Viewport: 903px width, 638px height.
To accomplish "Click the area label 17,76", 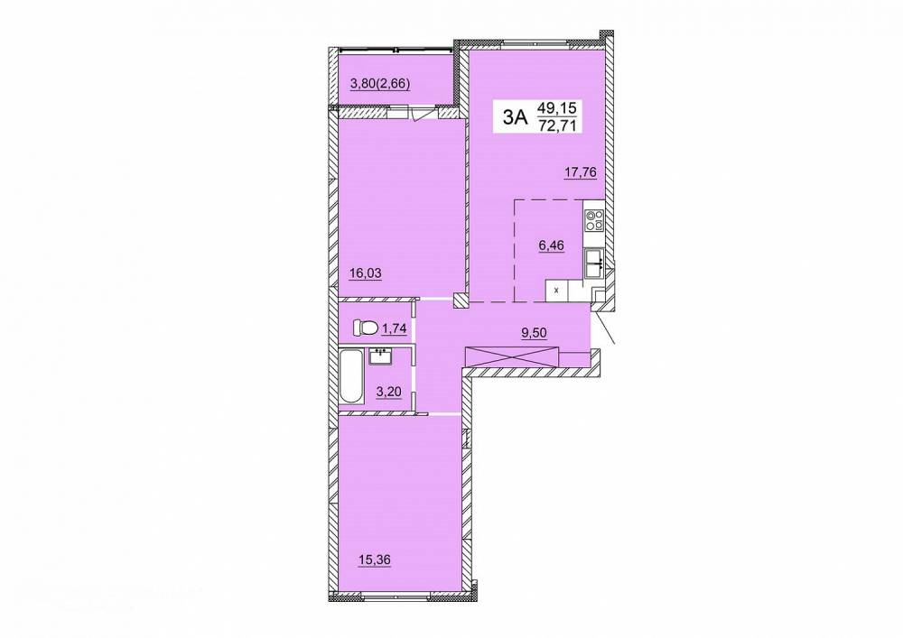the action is point(580,171).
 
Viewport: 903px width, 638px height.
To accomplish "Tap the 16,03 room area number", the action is point(365,273).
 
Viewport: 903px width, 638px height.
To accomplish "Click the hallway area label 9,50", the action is point(534,332).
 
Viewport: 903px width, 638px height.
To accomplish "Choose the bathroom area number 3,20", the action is point(388,393).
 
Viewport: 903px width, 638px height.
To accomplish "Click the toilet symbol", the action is point(366,328).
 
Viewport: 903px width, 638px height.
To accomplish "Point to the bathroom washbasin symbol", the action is point(380,356).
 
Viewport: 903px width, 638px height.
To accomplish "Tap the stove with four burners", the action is point(594,221).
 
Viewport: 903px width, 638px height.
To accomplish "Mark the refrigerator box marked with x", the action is point(556,291).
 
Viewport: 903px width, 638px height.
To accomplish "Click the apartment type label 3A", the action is point(515,117).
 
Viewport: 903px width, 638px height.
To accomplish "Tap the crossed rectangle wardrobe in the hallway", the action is point(512,357).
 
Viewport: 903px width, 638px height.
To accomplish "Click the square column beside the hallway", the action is point(461,301).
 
